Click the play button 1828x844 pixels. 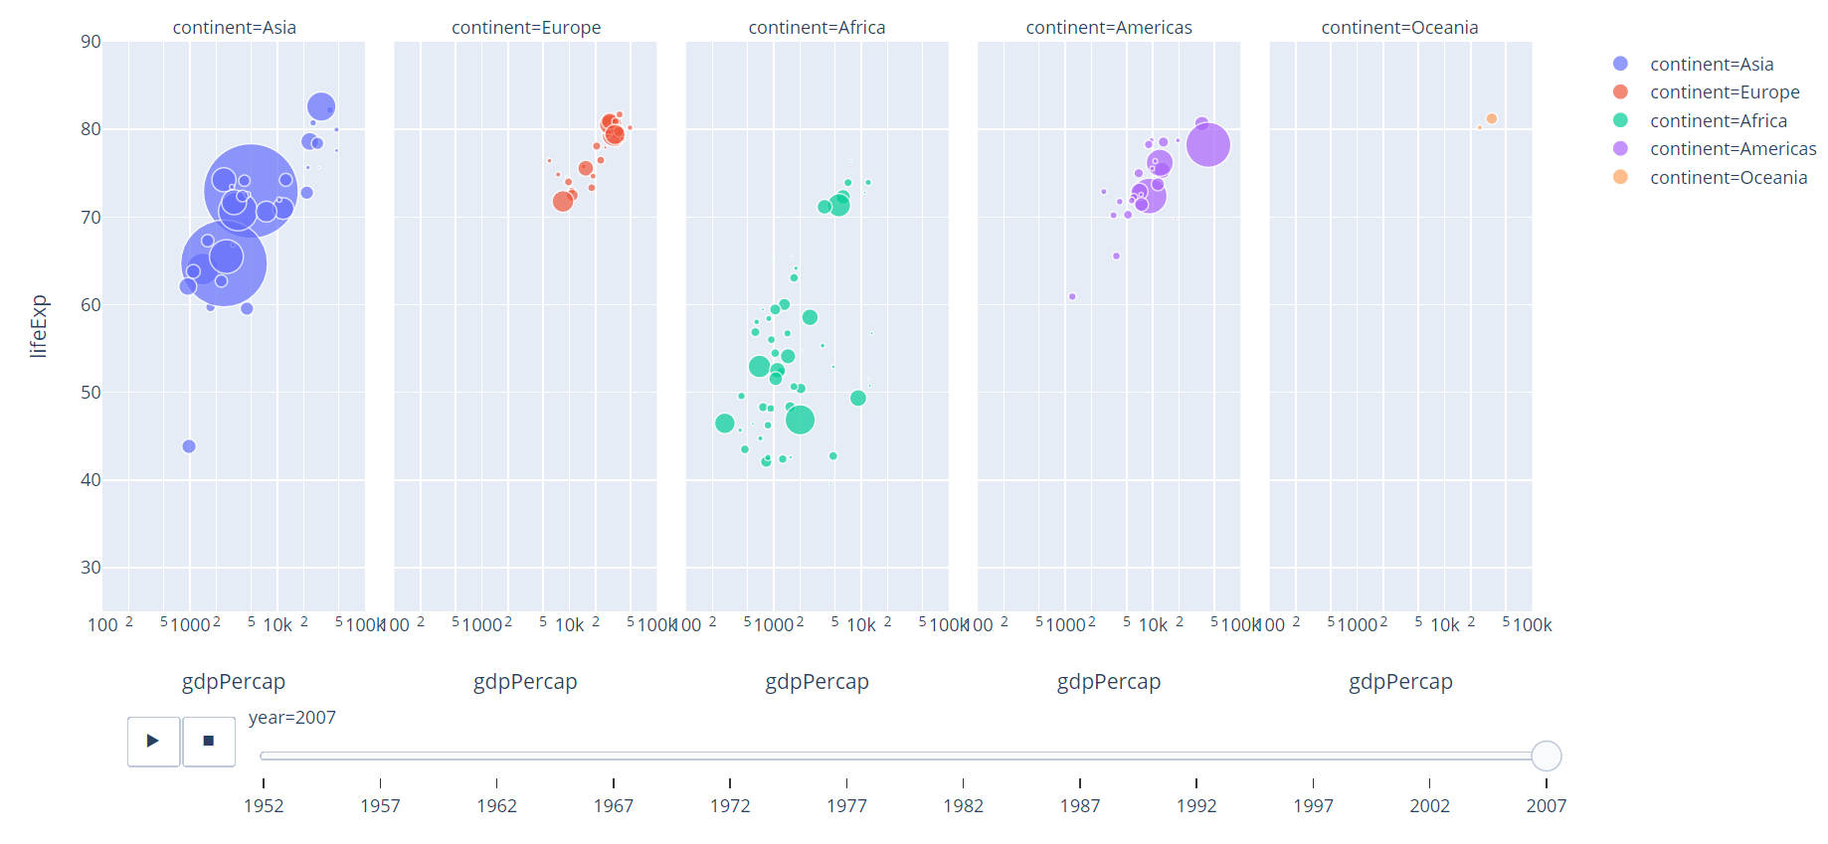[x=153, y=741]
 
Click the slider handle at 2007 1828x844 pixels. [x=1546, y=756]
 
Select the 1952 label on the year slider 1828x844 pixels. [x=264, y=805]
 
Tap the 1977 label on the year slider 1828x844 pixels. [x=846, y=805]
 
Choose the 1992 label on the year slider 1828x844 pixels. [x=1195, y=805]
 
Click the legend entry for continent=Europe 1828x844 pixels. [x=1724, y=92]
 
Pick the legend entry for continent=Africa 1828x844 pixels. [x=1718, y=120]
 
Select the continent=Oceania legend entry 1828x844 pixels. [x=1728, y=178]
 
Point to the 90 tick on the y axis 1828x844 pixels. [x=91, y=42]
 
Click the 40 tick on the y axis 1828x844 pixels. [x=91, y=480]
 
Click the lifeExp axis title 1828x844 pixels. [x=38, y=326]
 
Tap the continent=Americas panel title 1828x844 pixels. [x=1108, y=28]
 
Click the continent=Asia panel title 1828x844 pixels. [x=234, y=28]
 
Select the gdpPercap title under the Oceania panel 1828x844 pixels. [x=1400, y=682]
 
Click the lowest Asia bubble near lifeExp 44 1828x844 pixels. [x=189, y=446]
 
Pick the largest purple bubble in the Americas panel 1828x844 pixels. [x=1207, y=145]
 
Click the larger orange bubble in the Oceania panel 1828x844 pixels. [x=1491, y=119]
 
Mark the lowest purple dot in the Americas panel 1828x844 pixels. [x=1072, y=296]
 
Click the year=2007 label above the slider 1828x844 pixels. [x=292, y=718]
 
